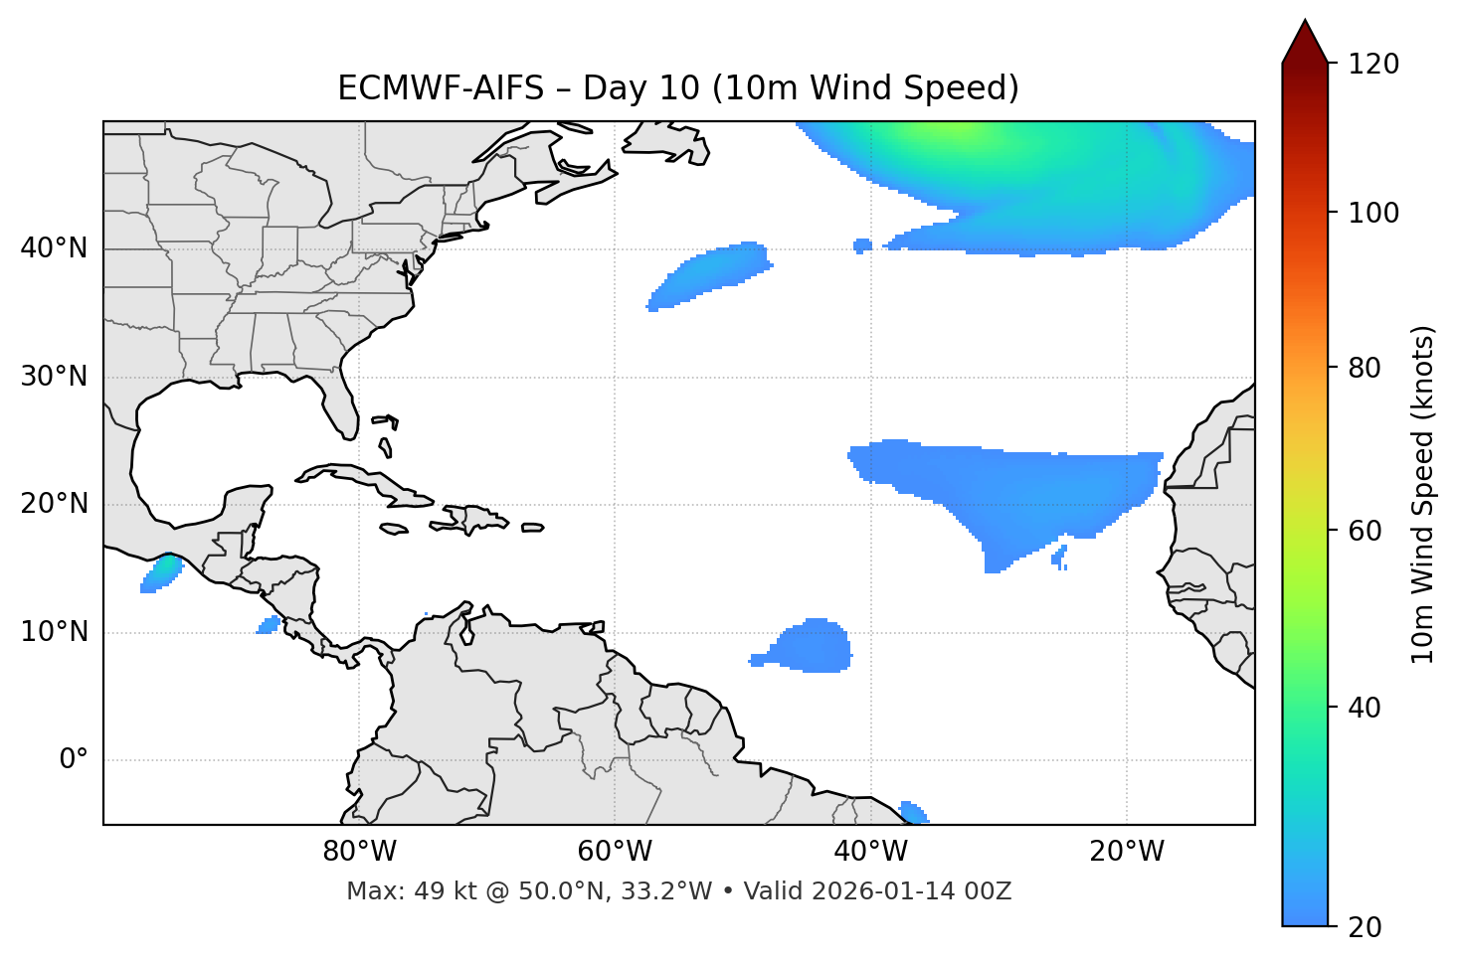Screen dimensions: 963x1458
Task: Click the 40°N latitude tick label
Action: point(54,247)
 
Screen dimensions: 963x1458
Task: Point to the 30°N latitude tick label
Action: point(54,377)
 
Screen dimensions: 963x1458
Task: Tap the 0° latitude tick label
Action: point(74,760)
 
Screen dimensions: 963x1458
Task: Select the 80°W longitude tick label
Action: point(359,852)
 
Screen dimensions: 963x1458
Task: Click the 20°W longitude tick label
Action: point(1127,852)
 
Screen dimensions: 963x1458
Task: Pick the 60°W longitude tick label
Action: point(615,852)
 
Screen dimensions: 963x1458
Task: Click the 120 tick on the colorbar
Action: point(1373,65)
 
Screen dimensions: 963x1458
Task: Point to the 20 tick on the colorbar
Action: point(1366,927)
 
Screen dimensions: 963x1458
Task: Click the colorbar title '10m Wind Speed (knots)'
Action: point(1423,494)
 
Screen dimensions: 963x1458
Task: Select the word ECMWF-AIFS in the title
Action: point(441,88)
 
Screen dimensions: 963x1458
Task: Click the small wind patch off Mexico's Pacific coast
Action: point(162,573)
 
